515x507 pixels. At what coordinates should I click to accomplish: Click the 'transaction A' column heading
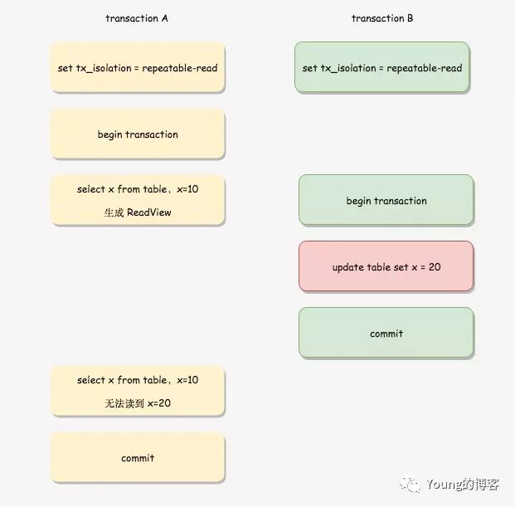137,18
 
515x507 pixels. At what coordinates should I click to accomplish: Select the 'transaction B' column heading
382,18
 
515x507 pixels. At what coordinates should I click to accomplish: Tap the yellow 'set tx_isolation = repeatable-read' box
138,67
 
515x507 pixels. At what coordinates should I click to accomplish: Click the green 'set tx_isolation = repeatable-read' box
382,67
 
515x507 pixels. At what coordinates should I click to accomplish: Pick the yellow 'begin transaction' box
138,134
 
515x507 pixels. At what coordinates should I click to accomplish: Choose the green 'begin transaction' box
386,200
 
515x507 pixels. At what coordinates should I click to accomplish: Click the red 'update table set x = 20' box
386,266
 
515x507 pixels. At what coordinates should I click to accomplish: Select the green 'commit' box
386,333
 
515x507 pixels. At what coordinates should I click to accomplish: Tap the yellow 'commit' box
138,457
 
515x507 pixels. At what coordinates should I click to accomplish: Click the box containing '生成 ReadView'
138,200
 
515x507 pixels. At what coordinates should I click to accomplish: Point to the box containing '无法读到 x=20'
138,391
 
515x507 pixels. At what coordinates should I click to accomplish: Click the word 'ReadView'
149,212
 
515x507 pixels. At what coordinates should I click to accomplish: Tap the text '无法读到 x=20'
138,403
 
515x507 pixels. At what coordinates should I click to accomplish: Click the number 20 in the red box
434,267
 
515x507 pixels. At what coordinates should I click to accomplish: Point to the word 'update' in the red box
348,267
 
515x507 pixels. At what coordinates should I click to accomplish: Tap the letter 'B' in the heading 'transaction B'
410,18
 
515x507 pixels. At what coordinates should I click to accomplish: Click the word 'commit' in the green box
386,334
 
